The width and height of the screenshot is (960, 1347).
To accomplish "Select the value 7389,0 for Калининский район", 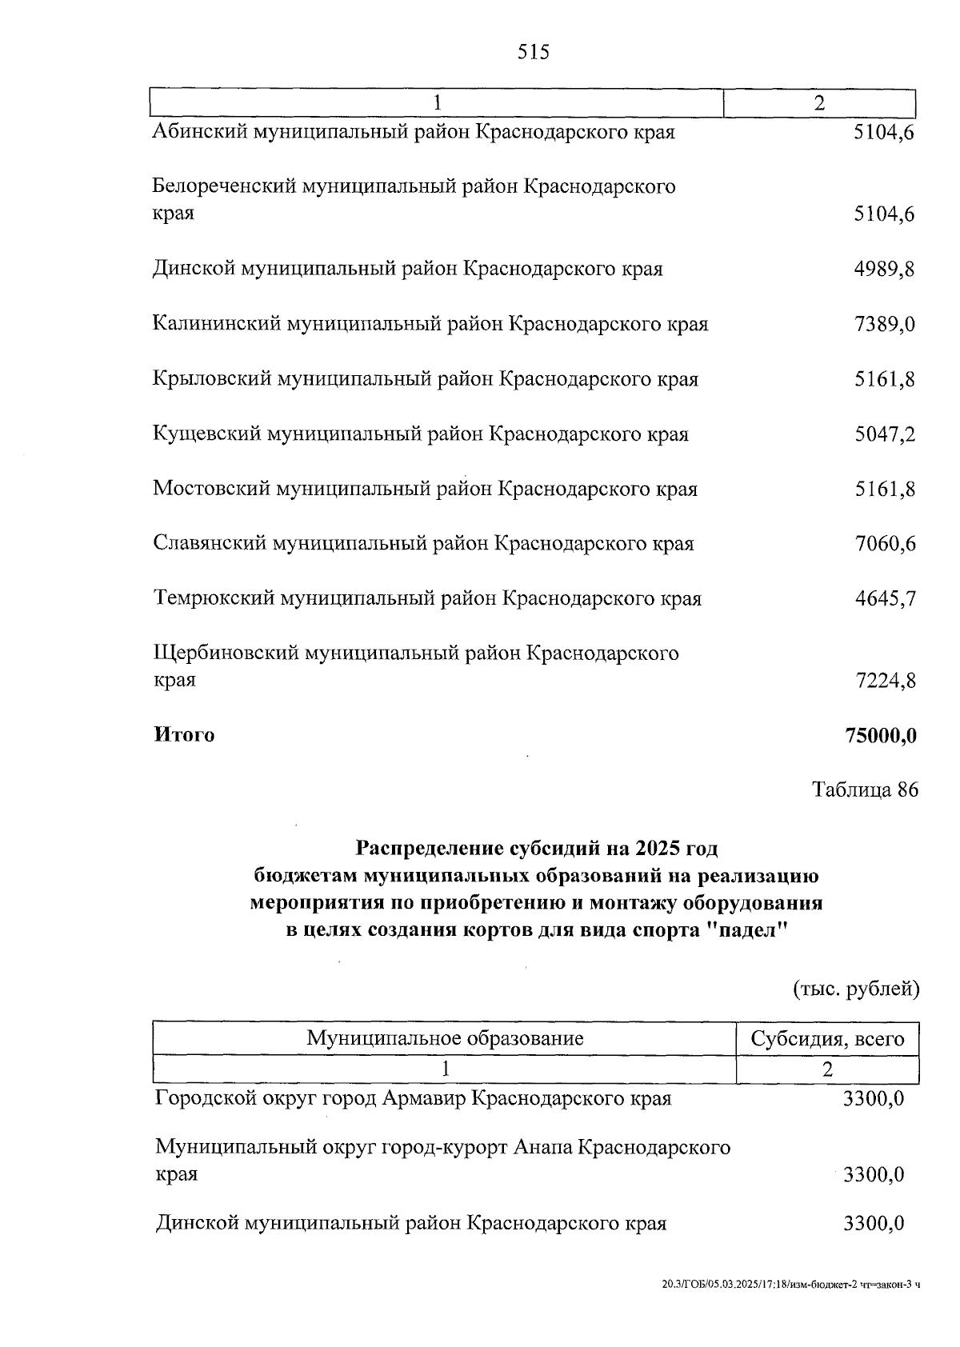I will tap(885, 325).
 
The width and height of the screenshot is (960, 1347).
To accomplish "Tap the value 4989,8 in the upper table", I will tap(885, 270).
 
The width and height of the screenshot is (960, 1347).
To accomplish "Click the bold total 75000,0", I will tap(880, 735).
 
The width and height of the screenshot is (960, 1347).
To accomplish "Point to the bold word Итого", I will tap(184, 735).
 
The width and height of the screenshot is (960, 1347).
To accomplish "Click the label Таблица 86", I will tap(865, 790).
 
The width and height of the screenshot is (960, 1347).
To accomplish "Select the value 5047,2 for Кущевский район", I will tap(885, 435).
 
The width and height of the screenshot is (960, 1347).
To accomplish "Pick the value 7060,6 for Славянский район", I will tap(885, 545).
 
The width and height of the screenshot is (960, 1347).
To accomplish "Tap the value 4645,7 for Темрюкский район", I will tap(885, 599).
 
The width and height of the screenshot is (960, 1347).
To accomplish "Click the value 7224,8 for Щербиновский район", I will tap(885, 681).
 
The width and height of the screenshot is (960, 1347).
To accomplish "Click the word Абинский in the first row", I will tap(200, 132).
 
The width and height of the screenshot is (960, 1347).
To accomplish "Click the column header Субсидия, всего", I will tap(827, 1039).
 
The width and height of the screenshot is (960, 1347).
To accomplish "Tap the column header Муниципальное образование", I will tap(445, 1039).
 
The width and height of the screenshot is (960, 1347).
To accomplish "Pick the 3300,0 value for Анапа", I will tap(874, 1175).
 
